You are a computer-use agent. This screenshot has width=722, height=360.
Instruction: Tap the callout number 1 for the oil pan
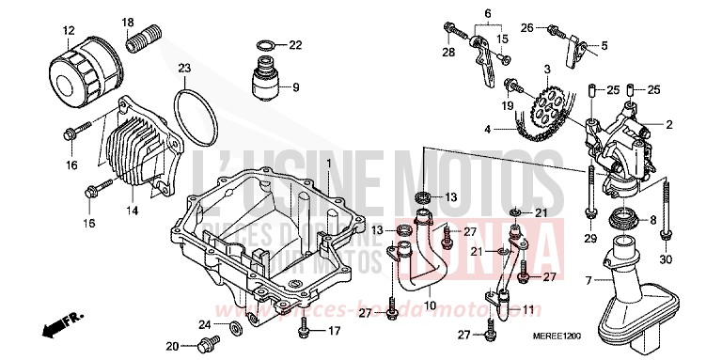click(x=330, y=164)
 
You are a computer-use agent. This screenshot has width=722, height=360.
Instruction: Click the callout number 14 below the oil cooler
click(x=131, y=211)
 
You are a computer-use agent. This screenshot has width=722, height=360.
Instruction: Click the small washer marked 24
click(x=232, y=332)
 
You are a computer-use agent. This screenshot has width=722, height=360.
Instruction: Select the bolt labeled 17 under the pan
click(x=303, y=330)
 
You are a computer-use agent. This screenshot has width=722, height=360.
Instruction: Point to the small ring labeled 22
click(x=266, y=44)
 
